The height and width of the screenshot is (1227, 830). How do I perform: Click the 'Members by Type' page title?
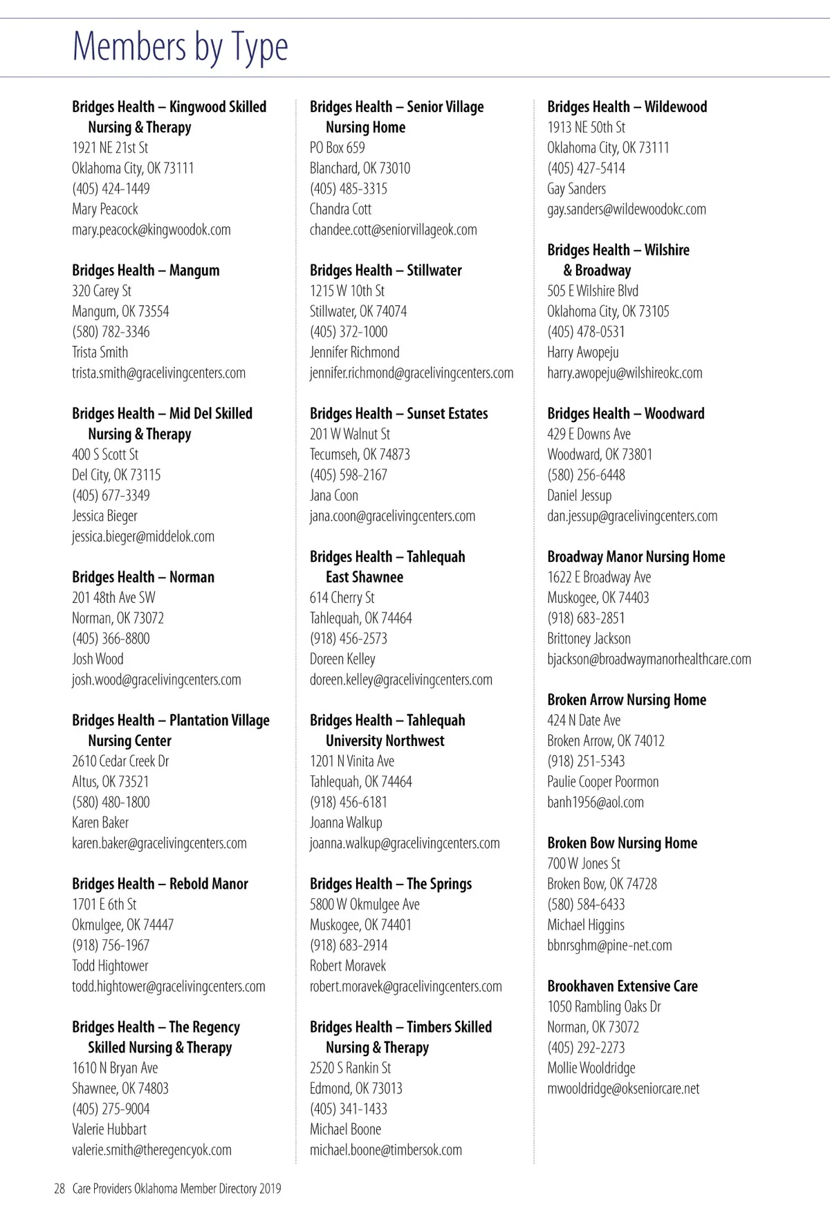[x=180, y=47]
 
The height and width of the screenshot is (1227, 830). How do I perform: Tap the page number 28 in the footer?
[x=59, y=1189]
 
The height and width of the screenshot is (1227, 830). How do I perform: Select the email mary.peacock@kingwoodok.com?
[x=151, y=230]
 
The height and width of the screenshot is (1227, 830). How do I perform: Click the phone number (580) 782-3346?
[x=111, y=332]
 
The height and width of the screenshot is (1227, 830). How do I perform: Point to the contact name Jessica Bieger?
[x=104, y=516]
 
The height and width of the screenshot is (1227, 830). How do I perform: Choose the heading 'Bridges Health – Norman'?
[x=143, y=577]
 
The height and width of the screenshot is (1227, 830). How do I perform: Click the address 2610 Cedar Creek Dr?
[x=120, y=761]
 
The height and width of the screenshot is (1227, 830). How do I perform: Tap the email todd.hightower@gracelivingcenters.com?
[x=168, y=987]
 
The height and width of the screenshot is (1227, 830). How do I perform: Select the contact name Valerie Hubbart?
[x=109, y=1129]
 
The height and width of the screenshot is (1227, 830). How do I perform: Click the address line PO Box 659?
[x=337, y=148]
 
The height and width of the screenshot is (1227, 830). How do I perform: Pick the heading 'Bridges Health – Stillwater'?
[x=385, y=271]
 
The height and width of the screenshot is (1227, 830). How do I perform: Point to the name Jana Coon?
[x=333, y=496]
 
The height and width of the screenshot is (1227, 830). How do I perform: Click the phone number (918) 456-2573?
[x=348, y=639]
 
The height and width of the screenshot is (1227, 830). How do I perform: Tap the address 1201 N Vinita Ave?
[x=351, y=761]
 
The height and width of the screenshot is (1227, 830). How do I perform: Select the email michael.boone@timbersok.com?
[x=385, y=1150]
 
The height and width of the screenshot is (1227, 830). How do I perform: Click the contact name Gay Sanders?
[x=576, y=189]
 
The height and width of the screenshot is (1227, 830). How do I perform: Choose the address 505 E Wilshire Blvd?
[x=592, y=291]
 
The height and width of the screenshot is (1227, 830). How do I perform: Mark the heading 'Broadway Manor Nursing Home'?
[x=636, y=557]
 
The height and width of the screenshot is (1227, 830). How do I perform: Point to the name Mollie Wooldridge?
[x=591, y=1069]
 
